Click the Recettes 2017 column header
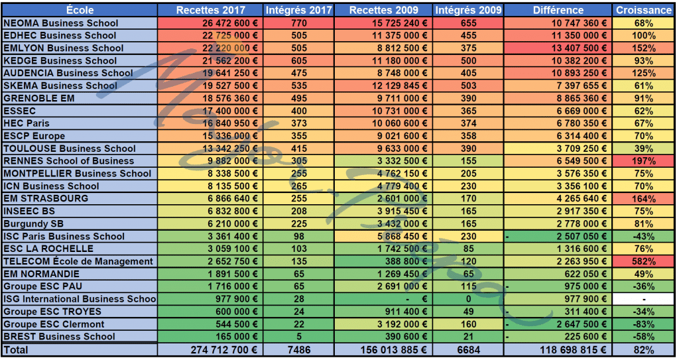210,10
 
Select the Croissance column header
643,10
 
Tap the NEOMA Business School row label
60,23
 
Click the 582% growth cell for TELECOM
643,261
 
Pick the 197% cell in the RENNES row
643,161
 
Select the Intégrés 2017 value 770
298,23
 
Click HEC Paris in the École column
27,123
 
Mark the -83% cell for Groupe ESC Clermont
643,324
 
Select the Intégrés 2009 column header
468,10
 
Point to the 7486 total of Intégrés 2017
298,349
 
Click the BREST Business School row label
59,336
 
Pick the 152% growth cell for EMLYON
643,48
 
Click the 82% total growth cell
643,349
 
